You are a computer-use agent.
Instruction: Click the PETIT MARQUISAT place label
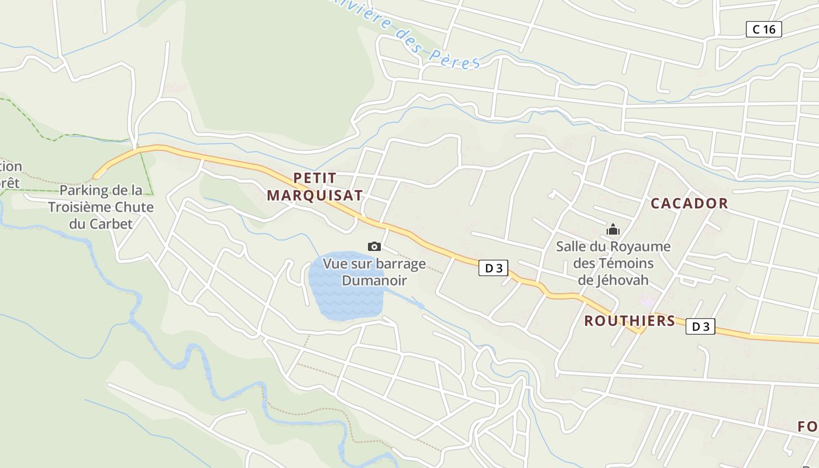click(315, 186)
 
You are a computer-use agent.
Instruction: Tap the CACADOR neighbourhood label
click(689, 204)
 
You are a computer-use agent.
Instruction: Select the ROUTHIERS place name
click(629, 321)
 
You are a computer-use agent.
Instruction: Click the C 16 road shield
click(763, 29)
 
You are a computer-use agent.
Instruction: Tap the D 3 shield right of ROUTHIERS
click(700, 326)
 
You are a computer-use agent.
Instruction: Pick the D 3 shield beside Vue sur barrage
click(493, 269)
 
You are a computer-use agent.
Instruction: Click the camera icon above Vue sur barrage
click(374, 247)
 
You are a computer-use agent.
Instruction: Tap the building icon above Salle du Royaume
click(613, 229)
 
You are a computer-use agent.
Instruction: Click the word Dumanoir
click(374, 281)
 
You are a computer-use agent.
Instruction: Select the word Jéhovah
click(622, 280)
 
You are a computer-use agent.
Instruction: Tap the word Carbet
click(111, 223)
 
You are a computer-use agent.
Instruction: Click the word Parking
click(84, 191)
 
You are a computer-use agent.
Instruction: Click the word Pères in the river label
click(455, 58)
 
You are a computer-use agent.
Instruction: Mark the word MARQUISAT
click(315, 195)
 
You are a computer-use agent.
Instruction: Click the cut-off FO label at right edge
click(808, 427)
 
